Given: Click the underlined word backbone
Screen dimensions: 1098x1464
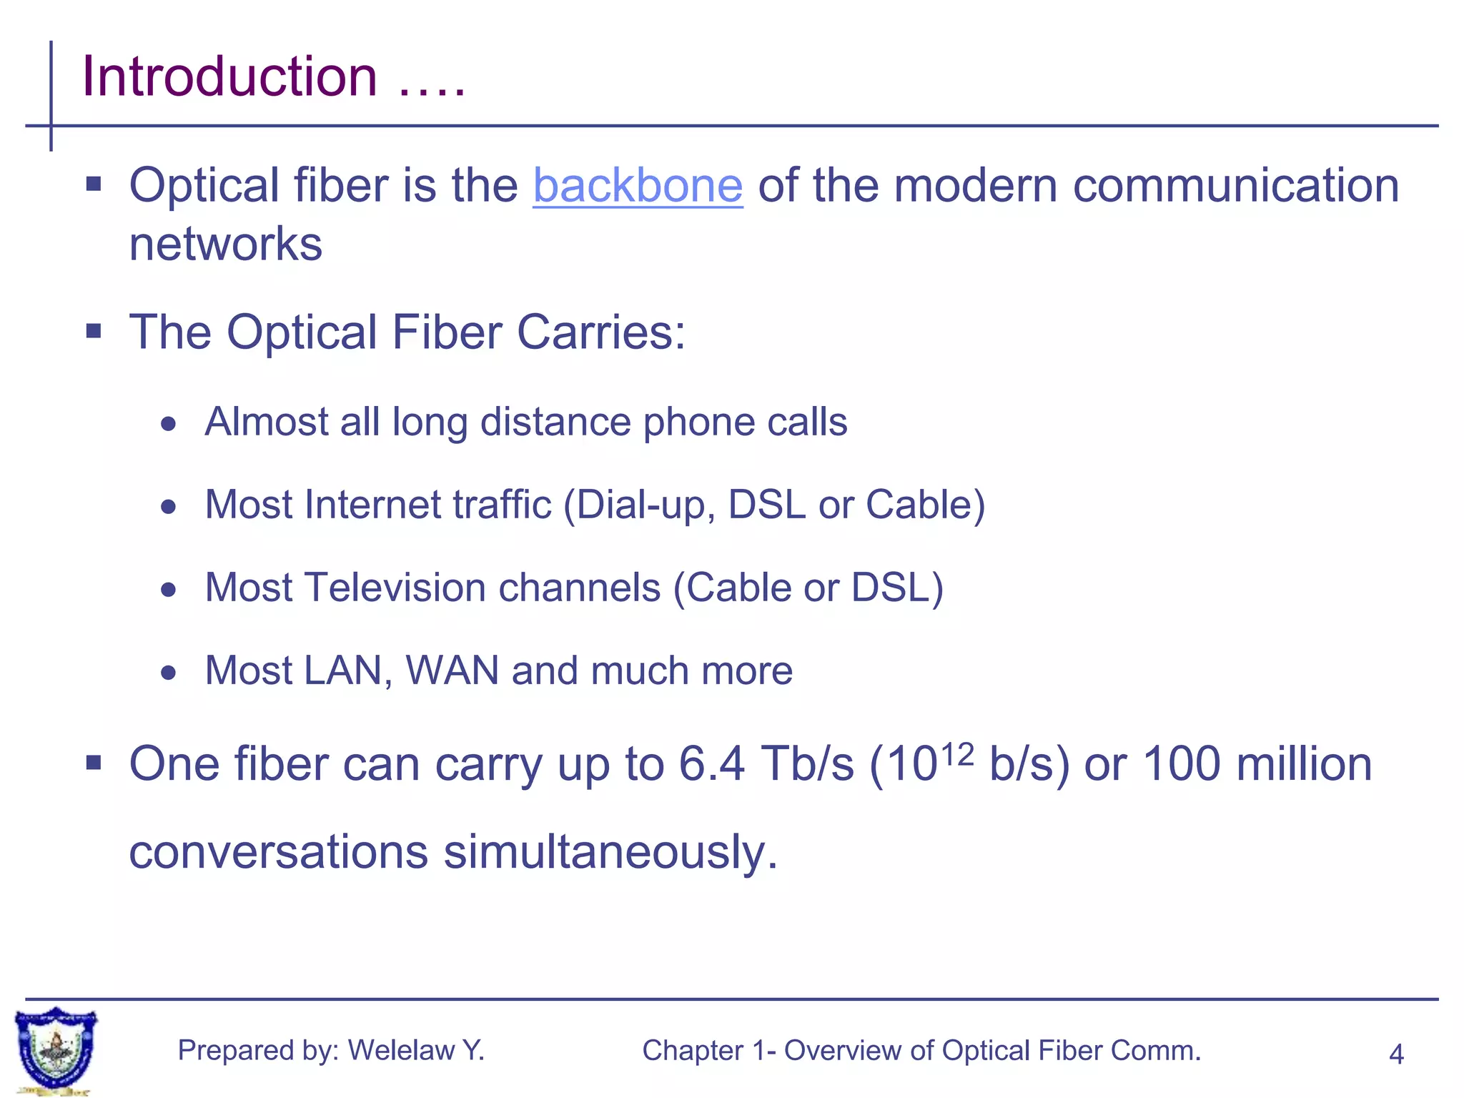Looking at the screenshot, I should click(638, 186).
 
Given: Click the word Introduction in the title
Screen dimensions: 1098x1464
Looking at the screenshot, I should click(229, 76).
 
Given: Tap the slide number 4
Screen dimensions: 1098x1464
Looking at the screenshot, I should click(1395, 1054).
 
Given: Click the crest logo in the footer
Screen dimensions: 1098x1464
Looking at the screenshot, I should click(56, 1049).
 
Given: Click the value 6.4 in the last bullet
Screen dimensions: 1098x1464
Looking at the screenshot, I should click(711, 764).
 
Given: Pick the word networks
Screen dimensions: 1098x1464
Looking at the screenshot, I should click(225, 244).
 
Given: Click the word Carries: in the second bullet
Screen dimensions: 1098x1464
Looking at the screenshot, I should click(600, 332).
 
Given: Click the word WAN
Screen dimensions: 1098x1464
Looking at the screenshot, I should click(452, 671).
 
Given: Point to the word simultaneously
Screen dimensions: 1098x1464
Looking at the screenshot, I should click(610, 852).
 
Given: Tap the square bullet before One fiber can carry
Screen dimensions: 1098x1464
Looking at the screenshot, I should click(94, 763).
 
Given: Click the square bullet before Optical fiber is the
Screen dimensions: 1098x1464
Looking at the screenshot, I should click(94, 185).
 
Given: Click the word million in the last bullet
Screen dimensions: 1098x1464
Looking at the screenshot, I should click(1304, 764).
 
